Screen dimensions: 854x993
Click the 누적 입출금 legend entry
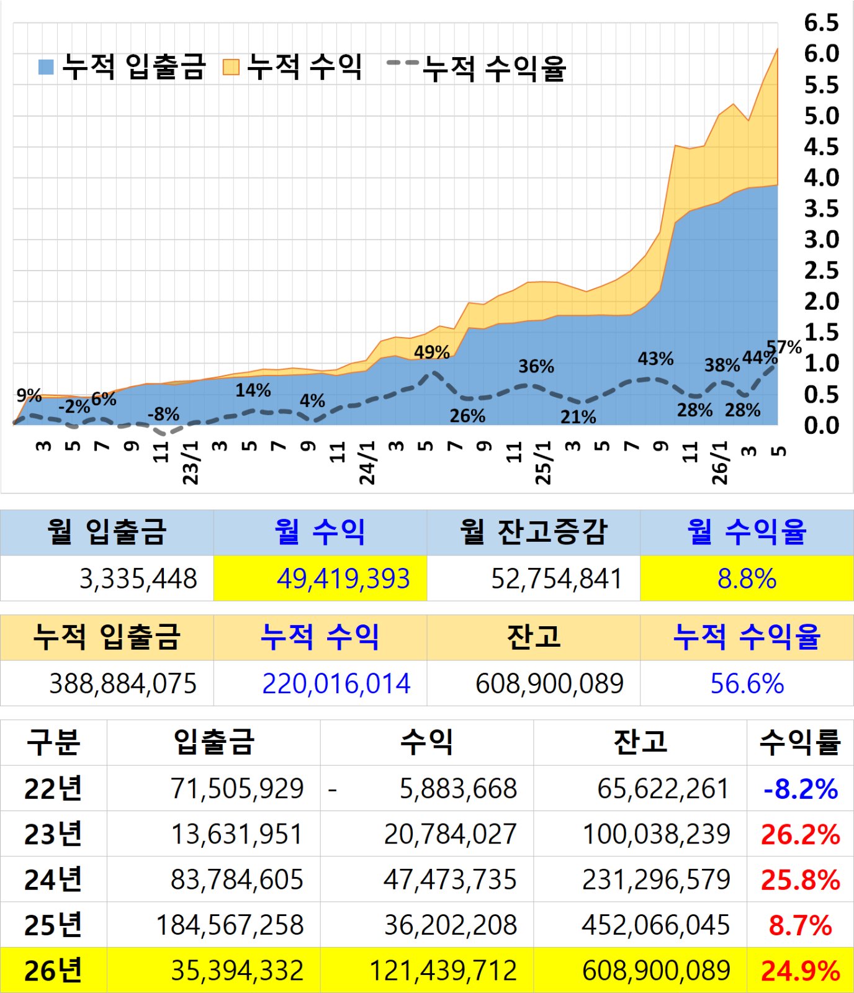coord(122,66)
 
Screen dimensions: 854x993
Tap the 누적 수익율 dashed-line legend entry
coord(476,68)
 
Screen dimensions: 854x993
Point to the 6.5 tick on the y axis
coord(821,23)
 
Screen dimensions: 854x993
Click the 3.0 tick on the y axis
coord(821,240)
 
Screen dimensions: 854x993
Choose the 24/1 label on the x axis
coord(367,462)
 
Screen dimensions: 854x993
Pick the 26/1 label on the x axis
coord(719,462)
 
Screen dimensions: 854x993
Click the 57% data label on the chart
coord(784,347)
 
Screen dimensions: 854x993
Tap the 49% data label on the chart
coord(432,352)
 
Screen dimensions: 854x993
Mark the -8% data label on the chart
coord(164,414)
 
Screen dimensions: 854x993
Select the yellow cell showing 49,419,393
coord(320,578)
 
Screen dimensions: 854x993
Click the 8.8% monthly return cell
coord(747,578)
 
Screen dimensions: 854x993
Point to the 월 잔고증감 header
coord(533,532)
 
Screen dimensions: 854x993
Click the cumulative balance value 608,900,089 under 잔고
coord(549,683)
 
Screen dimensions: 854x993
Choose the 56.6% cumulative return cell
coord(747,683)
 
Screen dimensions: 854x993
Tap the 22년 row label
coord(53,788)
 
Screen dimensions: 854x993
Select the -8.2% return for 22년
coord(801,789)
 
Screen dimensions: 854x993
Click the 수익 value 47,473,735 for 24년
coord(450,879)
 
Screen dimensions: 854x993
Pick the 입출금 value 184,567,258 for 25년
coord(230,925)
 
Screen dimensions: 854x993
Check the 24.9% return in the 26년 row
coord(801,971)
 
